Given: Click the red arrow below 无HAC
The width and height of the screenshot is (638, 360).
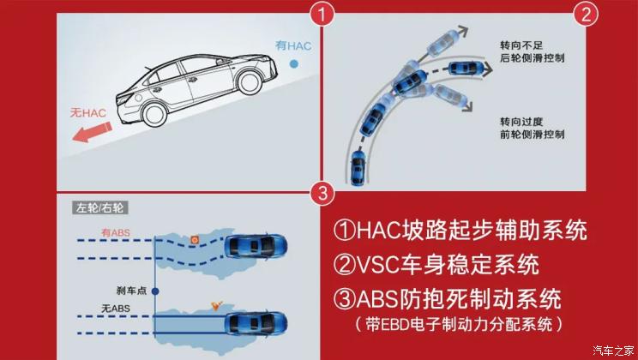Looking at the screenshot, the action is [92, 132].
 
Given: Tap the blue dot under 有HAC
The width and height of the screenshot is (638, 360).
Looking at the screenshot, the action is [293, 64].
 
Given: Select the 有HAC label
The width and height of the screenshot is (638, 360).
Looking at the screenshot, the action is [293, 45].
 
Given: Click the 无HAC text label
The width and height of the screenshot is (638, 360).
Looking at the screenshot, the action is [87, 112].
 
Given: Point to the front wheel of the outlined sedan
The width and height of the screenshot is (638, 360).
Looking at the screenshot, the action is [249, 82].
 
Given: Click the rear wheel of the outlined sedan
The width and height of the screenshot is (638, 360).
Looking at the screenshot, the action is [154, 114].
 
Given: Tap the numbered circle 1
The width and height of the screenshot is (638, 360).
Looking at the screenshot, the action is [322, 15].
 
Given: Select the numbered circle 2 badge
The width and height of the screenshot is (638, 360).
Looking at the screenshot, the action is [586, 15].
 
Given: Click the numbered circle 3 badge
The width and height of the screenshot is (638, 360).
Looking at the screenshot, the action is [322, 193].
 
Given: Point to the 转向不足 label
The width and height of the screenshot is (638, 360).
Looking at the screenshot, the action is [521, 45].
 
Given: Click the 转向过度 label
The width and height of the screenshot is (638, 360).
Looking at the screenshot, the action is [521, 122].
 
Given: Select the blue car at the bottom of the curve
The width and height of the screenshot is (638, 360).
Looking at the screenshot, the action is [358, 167].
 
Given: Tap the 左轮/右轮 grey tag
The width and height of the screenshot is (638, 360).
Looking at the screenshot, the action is [100, 208].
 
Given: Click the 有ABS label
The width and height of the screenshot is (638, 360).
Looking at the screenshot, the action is [116, 232].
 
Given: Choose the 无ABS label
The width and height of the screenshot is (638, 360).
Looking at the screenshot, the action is [116, 309].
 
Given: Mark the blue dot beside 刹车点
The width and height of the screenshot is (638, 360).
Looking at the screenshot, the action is [155, 291].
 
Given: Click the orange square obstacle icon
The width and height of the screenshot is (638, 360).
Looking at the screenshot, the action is [195, 240].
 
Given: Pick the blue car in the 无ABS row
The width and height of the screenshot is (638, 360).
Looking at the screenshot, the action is [256, 324].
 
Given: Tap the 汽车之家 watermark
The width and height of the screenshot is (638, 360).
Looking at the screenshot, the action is [613, 350].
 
